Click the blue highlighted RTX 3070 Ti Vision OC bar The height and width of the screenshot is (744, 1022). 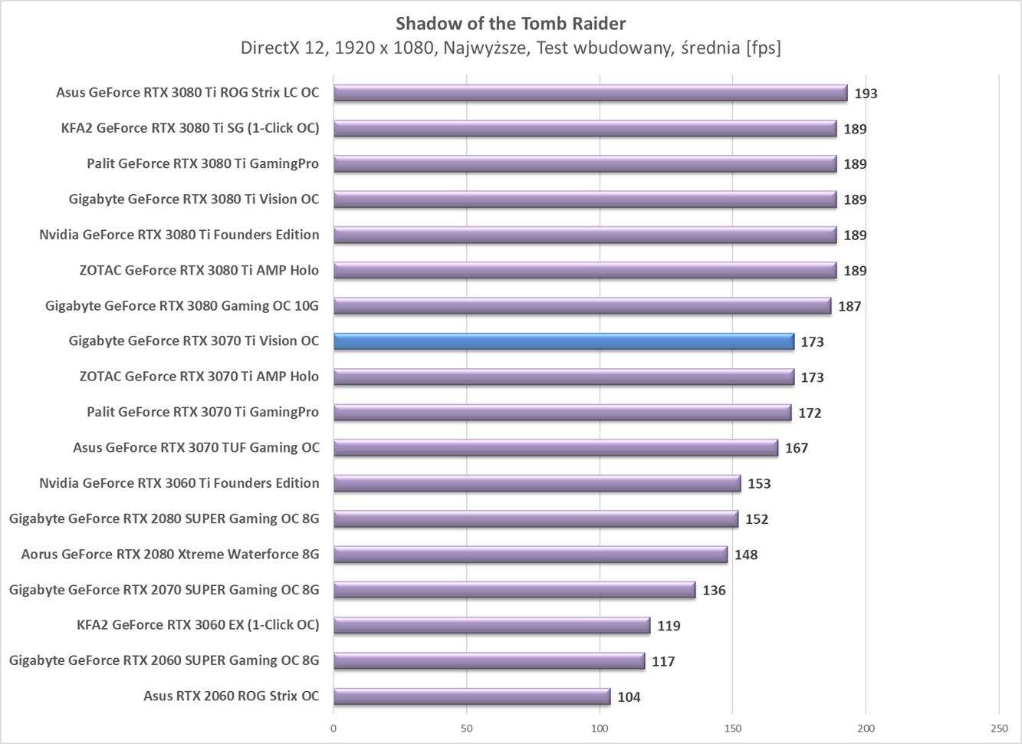[564, 341]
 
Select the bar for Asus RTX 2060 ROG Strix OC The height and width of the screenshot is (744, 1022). [472, 696]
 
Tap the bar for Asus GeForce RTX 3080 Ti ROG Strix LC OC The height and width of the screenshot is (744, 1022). [590, 93]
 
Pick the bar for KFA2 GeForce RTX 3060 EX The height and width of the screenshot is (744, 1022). [491, 625]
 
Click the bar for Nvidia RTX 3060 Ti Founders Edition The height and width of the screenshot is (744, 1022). [537, 483]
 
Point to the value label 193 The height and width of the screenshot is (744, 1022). [866, 94]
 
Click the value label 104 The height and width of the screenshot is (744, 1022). [629, 697]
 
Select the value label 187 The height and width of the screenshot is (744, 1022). [849, 306]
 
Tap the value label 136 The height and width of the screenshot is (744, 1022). [714, 591]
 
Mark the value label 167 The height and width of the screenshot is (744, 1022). [797, 448]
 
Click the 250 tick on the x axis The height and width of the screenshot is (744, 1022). [998, 728]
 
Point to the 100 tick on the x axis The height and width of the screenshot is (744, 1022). [600, 728]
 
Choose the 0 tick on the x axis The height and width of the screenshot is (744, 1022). [334, 728]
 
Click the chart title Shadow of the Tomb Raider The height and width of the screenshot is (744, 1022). [511, 23]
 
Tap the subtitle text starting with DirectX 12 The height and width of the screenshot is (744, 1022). [511, 48]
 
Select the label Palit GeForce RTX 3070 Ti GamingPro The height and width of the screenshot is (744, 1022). [202, 412]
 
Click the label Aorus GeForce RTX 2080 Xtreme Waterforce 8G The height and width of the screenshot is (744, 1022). [170, 554]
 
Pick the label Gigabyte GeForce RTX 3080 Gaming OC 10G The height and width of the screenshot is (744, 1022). [182, 306]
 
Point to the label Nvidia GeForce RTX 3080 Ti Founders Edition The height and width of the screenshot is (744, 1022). [179, 235]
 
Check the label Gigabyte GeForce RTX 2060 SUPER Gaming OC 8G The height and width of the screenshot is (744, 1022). [164, 660]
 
